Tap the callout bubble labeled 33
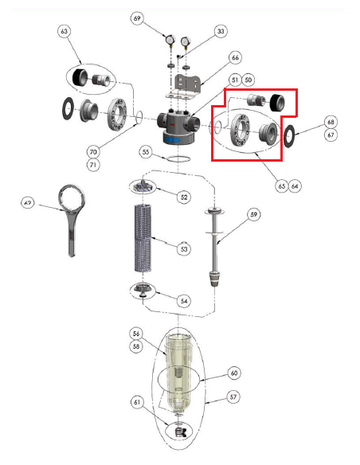221,31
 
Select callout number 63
65,31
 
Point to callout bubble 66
234,57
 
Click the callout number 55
145,150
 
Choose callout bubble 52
184,196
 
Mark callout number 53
184,249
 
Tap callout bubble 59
253,213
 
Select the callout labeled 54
184,301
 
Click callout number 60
234,372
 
